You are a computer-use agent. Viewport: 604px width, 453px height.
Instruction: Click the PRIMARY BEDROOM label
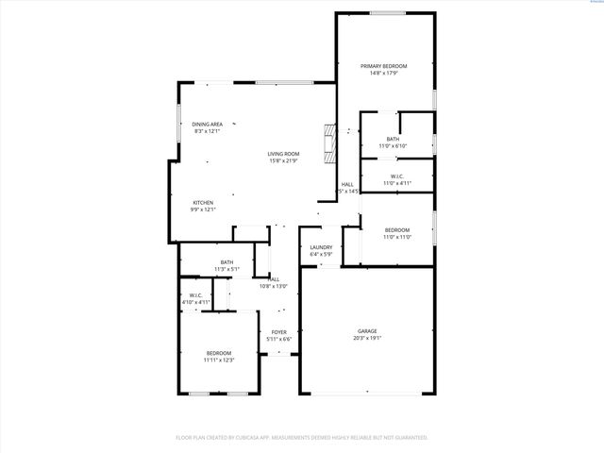tap(383, 66)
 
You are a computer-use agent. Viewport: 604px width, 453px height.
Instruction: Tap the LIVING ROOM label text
tap(282, 154)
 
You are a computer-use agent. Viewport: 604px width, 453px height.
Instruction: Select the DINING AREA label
tap(207, 125)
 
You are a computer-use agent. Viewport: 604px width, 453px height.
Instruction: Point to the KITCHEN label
tap(203, 203)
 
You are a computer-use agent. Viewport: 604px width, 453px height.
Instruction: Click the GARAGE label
tap(366, 331)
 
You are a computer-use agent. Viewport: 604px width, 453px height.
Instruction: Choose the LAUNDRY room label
tap(321, 248)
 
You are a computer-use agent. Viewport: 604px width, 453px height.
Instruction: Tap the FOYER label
tap(278, 332)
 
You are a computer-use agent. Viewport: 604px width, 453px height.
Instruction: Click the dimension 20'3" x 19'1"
tap(366, 338)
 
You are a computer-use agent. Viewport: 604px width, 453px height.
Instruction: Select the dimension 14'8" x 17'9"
tap(383, 73)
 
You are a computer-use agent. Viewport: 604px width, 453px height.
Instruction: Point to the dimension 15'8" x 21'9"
tap(282, 160)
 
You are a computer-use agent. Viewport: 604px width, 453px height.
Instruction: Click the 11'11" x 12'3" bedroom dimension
tap(218, 360)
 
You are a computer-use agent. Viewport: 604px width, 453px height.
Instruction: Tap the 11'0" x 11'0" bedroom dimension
tap(396, 237)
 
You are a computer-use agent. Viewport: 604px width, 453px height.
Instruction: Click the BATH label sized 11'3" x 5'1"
tap(226, 262)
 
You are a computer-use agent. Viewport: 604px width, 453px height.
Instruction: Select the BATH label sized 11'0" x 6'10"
tap(392, 140)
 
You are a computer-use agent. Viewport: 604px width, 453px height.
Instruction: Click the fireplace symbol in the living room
tap(328, 141)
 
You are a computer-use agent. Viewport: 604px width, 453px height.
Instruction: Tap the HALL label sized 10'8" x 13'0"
tap(273, 279)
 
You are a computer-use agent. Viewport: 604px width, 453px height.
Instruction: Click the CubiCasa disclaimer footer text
tap(302, 438)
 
